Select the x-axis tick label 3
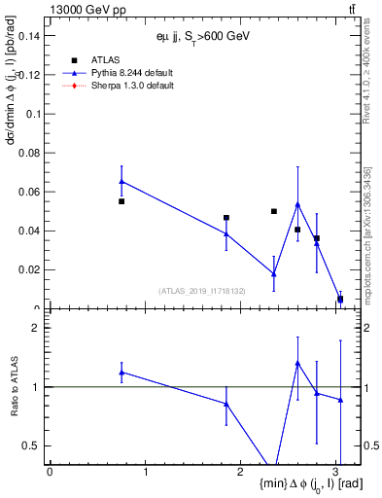[x=336, y=472]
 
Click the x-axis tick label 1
[x=145, y=472]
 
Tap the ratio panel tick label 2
[x=36, y=328]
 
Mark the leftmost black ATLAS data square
[x=122, y=201]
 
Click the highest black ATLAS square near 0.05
[x=274, y=211]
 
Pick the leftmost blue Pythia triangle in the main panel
[x=122, y=181]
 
